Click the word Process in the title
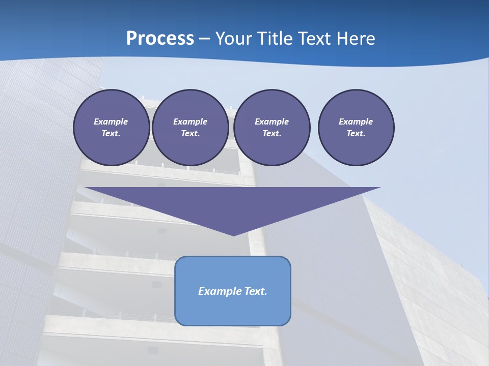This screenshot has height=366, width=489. (160, 38)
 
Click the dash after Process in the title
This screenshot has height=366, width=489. (205, 39)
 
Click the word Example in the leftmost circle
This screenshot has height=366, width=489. (111, 121)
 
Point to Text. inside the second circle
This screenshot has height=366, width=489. (190, 134)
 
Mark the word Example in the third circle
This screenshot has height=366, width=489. (271, 121)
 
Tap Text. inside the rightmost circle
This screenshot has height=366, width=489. (356, 134)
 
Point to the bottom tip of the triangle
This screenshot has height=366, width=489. (233, 234)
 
